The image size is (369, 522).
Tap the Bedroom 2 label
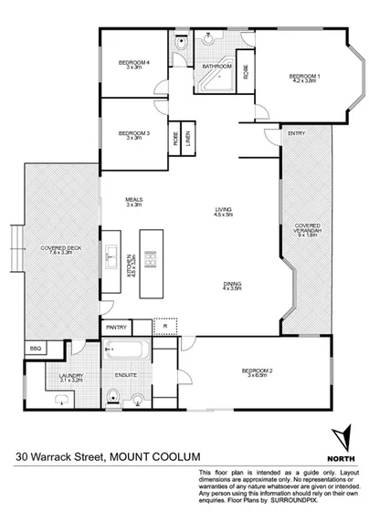coord(258,371)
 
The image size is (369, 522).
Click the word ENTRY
coord(296,134)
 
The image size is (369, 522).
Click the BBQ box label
coord(36,349)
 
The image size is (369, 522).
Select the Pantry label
coord(116,327)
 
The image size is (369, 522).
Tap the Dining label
coord(232,286)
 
